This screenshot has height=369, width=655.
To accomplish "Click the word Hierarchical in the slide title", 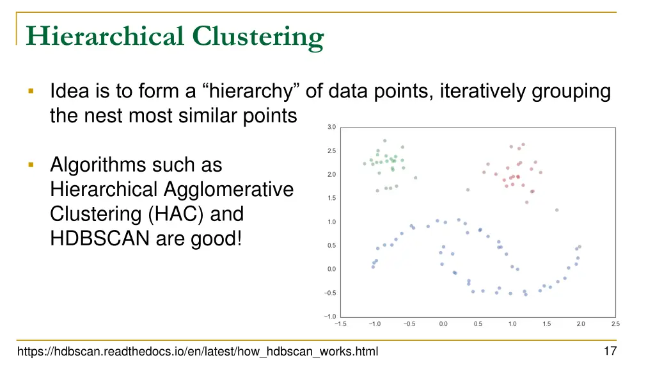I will pos(103,37).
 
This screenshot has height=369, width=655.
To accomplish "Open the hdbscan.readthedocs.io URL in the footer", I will pos(198,352).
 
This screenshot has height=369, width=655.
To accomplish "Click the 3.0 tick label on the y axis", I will pos(331,127).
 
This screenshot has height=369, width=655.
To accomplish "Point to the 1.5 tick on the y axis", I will pos(331,199).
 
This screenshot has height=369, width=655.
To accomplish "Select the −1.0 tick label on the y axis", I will pos(329,316).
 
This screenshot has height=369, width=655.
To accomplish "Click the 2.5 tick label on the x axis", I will pos(615,324).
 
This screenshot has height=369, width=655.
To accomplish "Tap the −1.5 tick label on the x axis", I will pos(340,324).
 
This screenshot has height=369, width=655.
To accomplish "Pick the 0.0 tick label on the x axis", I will pos(443,324).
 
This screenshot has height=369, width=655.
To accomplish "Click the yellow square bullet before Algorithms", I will pos(31,165).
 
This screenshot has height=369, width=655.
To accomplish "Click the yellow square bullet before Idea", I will pos(31,92).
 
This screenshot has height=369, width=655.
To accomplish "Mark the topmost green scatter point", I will pos(384,140).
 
